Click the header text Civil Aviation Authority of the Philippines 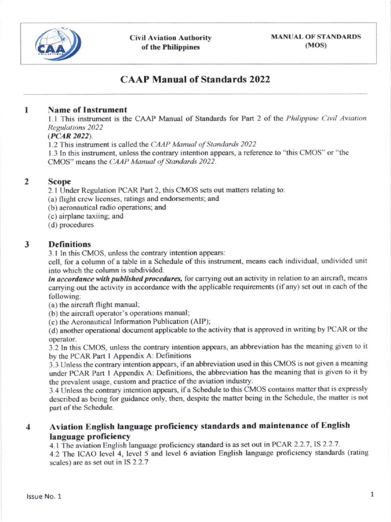tap(171, 43)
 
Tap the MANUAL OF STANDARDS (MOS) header tap(316, 41)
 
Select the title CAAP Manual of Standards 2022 tap(194, 80)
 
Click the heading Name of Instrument tap(87, 110)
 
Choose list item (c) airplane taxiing tap(86, 216)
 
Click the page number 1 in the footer tap(372, 494)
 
